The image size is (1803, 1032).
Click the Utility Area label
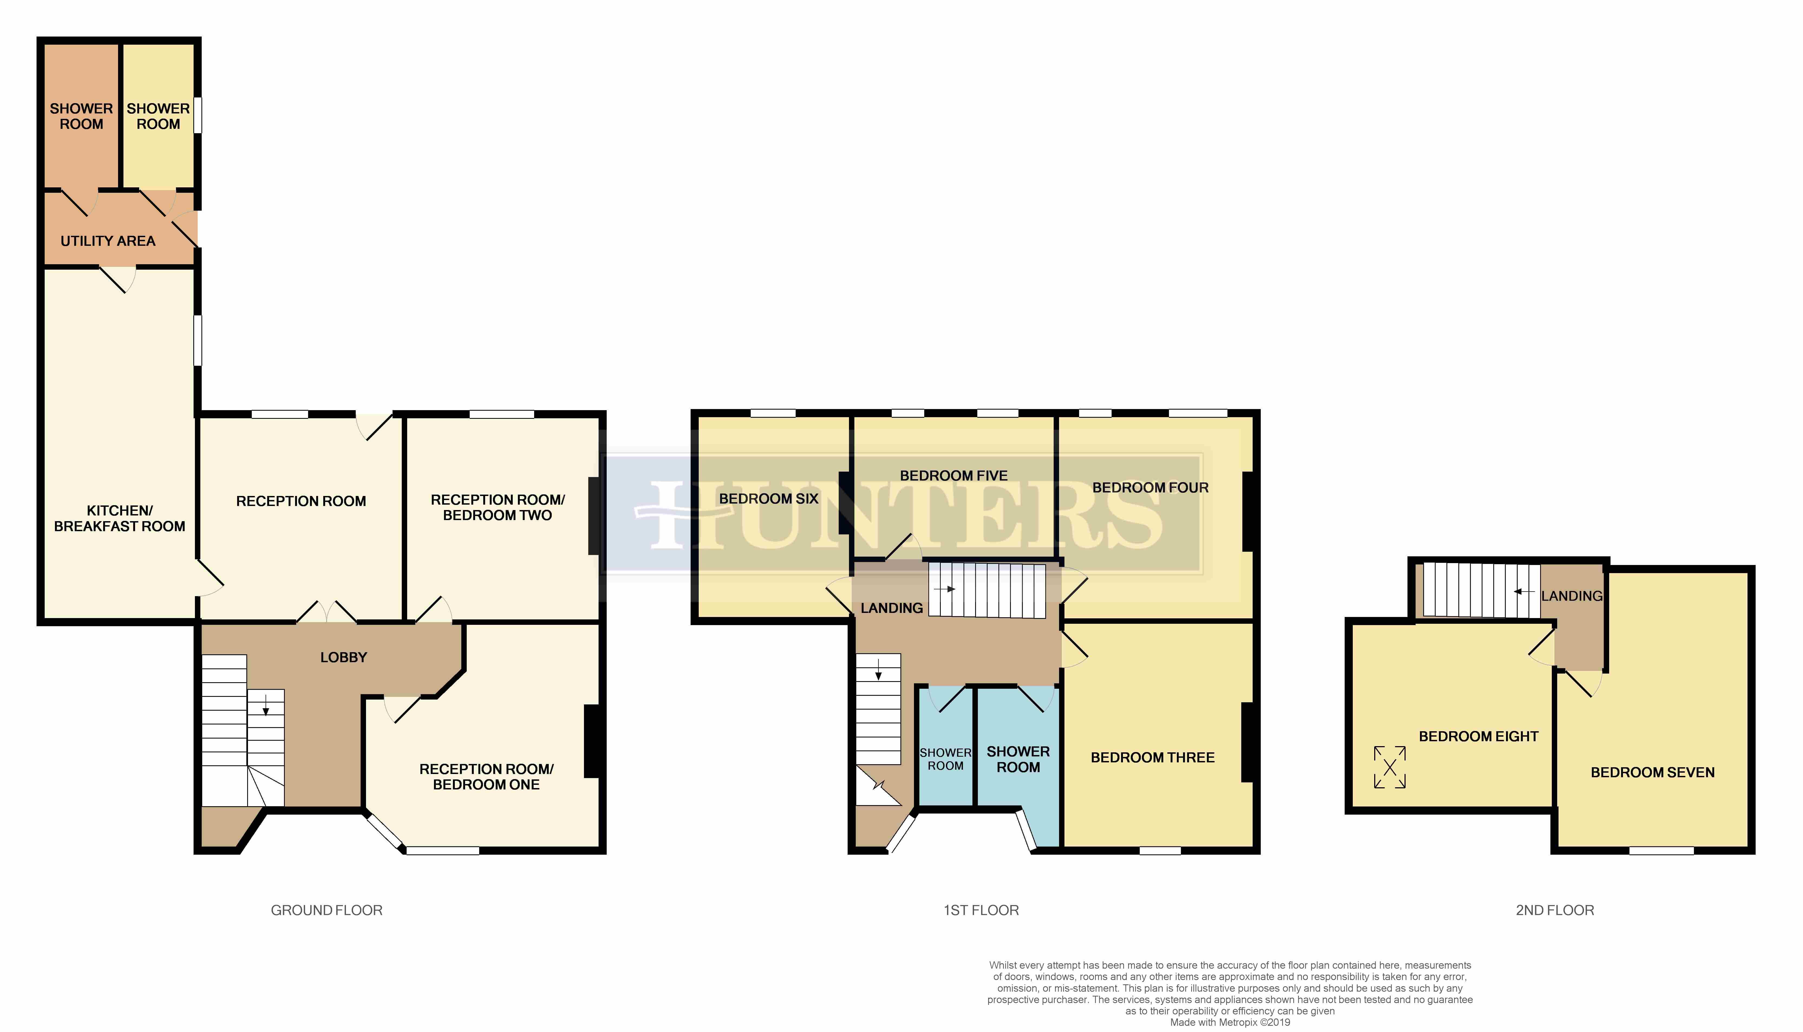[108, 241]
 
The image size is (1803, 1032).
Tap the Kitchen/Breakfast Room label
[119, 518]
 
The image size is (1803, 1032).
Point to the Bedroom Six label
[768, 498]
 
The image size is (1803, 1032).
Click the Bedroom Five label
[953, 476]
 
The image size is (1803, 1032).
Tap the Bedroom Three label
[1152, 758]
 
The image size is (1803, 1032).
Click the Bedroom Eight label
[1478, 736]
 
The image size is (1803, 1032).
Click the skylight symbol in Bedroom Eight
[1389, 767]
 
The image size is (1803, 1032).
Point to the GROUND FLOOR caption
[327, 910]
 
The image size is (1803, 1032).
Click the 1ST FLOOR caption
[981, 910]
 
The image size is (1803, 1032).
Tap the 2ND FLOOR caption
[1555, 910]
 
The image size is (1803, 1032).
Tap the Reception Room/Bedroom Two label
[498, 508]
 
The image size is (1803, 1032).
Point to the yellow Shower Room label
[158, 116]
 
